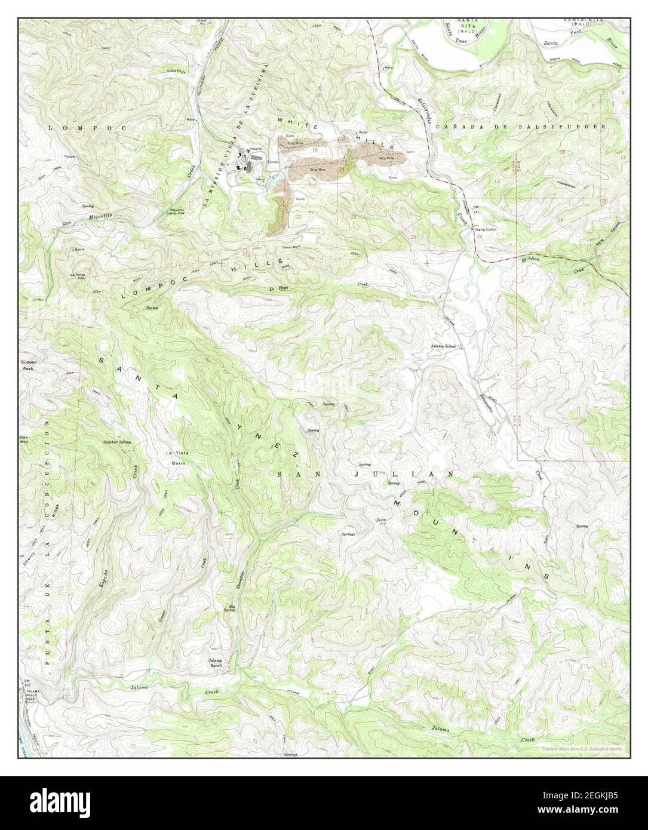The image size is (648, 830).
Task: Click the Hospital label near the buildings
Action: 256,148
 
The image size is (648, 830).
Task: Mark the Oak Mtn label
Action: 24,440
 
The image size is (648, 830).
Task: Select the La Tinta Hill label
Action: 77,276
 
